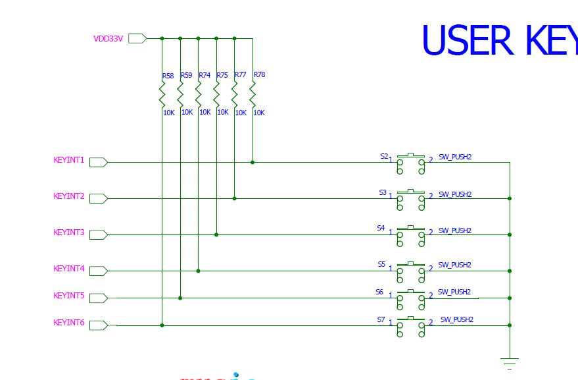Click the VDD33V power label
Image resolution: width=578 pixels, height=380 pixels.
(x=108, y=39)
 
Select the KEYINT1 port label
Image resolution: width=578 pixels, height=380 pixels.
(x=69, y=160)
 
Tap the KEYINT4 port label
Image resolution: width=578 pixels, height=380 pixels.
(x=69, y=269)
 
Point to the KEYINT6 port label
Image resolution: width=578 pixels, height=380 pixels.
(x=69, y=323)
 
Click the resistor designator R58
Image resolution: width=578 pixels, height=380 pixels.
(x=168, y=76)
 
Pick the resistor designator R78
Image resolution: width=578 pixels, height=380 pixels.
(x=259, y=75)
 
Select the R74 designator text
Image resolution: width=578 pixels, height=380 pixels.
(x=205, y=76)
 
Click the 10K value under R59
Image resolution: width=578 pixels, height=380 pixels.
(x=187, y=113)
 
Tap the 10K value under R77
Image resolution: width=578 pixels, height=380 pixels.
(x=241, y=113)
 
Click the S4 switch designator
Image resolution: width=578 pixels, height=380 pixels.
(x=381, y=228)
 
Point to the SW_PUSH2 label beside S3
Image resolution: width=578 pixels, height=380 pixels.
(x=455, y=194)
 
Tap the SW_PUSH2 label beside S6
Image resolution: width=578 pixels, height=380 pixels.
(x=454, y=292)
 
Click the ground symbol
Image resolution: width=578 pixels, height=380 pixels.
(x=509, y=362)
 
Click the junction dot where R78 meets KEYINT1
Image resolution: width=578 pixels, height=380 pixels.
(x=253, y=162)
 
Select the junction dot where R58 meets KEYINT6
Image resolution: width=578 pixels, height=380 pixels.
(x=162, y=325)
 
